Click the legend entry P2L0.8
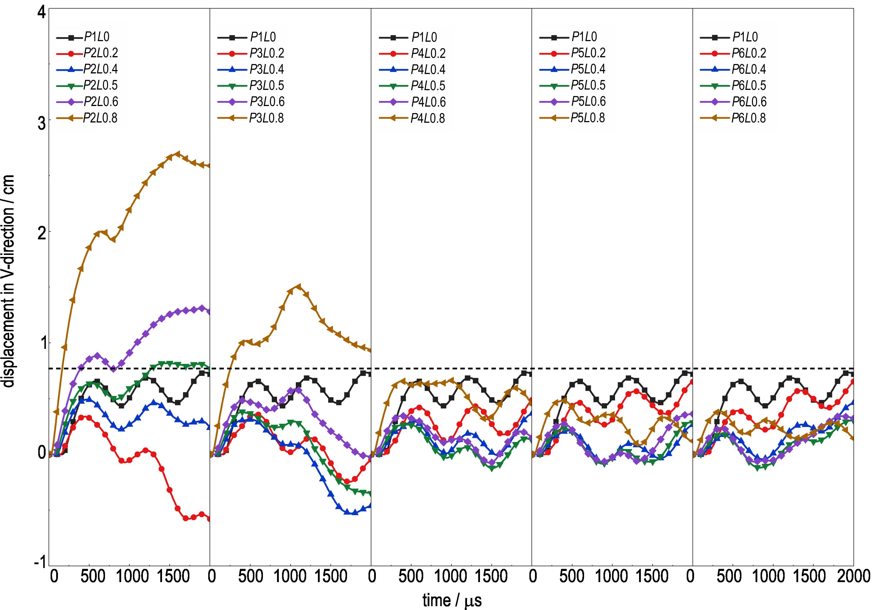pos(101,118)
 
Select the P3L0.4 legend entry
pos(267,69)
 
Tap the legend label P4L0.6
pos(428,102)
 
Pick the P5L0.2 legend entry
pos(588,53)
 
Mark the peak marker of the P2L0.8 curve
pos(177,154)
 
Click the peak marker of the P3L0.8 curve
pos(299,286)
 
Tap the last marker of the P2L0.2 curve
pos(209,519)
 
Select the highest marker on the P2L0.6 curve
pos(202,308)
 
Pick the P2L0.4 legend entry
pos(101,69)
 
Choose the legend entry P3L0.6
pos(267,102)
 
